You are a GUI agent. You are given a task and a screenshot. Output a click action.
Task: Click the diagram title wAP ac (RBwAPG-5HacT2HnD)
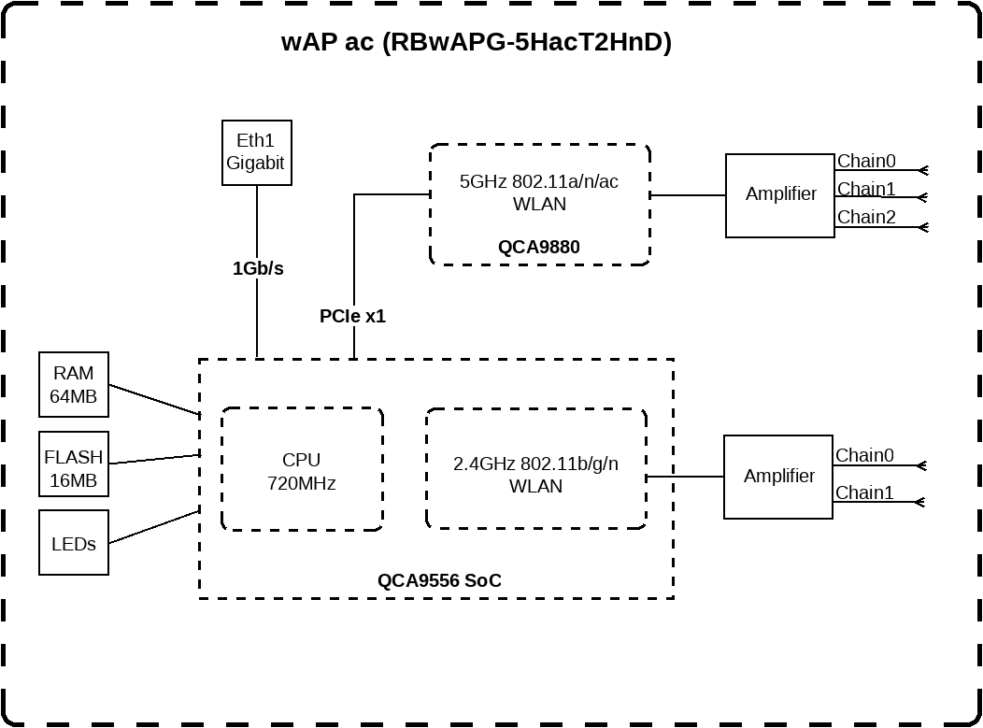(476, 43)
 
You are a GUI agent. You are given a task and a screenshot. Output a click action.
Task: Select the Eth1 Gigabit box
(256, 152)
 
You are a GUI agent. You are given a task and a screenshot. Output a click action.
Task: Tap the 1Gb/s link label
(258, 269)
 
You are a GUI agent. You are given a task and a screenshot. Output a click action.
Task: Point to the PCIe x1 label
(352, 317)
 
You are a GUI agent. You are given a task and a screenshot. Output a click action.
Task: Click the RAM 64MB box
(73, 385)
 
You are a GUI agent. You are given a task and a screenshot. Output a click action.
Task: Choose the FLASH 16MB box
(73, 464)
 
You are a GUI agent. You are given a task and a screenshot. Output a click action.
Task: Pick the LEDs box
(73, 543)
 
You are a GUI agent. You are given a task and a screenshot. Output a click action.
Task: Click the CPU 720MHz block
(301, 470)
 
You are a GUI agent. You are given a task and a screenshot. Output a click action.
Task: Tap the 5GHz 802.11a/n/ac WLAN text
(539, 193)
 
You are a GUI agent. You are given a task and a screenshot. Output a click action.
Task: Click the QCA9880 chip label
(538, 248)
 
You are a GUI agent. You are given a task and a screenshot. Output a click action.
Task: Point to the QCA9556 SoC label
(439, 580)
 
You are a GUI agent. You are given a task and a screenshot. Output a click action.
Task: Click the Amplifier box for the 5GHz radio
(780, 195)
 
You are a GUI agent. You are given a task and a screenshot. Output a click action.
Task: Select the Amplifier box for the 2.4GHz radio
(778, 477)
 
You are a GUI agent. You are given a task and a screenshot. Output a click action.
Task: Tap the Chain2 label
(865, 217)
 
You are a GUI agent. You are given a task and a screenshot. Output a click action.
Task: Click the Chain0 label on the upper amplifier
(865, 161)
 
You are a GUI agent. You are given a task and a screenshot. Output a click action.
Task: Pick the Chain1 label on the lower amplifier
(863, 492)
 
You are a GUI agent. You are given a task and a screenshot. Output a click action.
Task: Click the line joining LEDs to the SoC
(154, 527)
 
